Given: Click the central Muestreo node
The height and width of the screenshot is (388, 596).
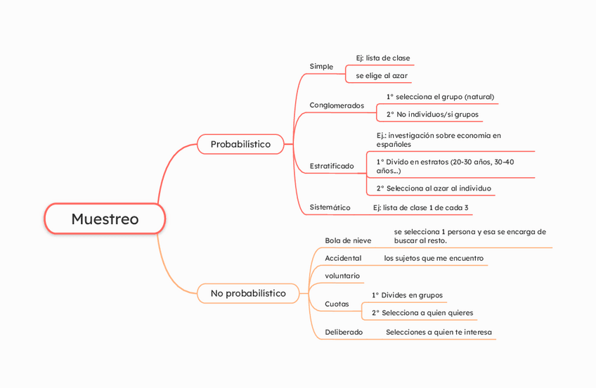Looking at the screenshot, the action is click(105, 219).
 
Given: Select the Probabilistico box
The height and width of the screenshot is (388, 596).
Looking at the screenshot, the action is click(240, 144).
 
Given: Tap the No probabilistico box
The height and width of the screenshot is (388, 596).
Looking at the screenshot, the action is click(248, 293).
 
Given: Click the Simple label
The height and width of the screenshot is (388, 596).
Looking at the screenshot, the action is click(321, 66).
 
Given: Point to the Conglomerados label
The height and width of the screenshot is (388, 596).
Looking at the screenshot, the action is click(337, 105).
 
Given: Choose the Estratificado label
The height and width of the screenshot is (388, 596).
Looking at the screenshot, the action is click(332, 166).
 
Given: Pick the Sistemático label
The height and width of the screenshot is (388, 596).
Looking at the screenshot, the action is click(330, 207).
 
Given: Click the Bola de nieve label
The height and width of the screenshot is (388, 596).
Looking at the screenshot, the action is click(348, 240).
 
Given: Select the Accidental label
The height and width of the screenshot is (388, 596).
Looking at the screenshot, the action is click(343, 258).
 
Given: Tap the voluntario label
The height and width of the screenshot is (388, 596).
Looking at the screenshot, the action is click(342, 276).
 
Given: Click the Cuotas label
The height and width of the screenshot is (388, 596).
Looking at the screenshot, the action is click(337, 304).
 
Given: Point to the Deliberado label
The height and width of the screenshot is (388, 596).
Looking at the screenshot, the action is click(344, 332).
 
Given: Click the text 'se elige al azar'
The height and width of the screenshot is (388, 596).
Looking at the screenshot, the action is click(382, 75).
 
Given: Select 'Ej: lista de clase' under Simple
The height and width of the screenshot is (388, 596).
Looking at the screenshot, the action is click(383, 58).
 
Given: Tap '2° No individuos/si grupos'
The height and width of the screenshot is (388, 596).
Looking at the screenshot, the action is click(432, 114).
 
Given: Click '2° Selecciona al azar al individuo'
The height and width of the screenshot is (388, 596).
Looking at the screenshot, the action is click(434, 188).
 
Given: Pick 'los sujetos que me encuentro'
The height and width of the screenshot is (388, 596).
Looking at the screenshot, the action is click(434, 258).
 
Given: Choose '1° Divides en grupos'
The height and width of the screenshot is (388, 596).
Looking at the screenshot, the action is click(407, 295).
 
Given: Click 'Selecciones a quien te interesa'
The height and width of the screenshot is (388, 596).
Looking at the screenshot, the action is click(439, 332).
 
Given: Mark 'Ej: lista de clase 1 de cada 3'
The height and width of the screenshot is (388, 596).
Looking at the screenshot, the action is click(420, 207).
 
